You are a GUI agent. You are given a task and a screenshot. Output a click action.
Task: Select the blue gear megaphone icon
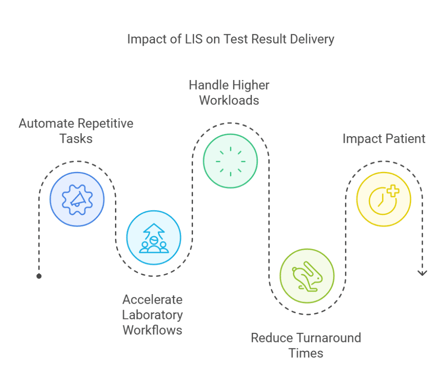pos(77,199)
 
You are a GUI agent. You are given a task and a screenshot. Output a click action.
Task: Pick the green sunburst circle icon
pos(230,161)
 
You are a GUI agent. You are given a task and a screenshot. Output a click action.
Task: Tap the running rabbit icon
pos(307,276)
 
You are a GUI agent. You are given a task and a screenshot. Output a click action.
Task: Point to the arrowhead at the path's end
pos(422,273)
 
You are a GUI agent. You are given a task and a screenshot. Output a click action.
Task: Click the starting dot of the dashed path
pos(39,276)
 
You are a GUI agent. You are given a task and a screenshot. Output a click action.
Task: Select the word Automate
pos(46,124)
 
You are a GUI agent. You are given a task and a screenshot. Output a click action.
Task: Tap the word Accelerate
pos(152,300)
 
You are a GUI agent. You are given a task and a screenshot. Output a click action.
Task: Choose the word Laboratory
pos(152,315)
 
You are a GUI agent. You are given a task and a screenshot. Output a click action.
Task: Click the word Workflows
pos(152,330)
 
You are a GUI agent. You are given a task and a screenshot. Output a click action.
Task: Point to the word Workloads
pos(229,101)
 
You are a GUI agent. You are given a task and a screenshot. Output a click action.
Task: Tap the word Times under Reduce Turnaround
pos(306,353)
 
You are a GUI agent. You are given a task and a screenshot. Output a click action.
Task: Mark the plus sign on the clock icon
pos(393,191)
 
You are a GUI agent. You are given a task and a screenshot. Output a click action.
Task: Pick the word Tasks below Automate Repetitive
pos(76,139)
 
